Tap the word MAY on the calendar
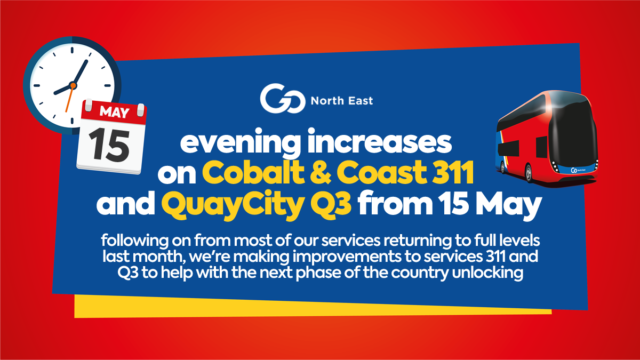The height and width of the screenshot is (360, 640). tap(114, 112)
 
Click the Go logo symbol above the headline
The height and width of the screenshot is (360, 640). tap(282, 98)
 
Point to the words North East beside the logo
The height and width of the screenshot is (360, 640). tap(342, 101)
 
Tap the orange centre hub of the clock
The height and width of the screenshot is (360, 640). tap(73, 85)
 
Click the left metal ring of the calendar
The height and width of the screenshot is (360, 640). tap(89, 105)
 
